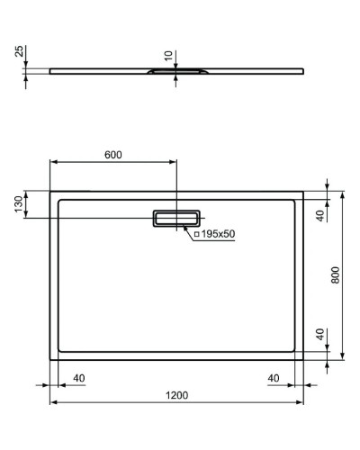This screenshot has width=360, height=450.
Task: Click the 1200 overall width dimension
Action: pos(176,393)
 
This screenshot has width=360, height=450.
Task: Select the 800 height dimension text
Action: pos(336,274)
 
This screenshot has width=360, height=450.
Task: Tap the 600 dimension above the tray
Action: pos(112,155)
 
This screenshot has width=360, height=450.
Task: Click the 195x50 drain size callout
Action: pos(216,234)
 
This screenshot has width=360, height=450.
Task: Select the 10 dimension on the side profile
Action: pos(168,57)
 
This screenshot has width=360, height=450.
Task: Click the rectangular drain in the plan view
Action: pos(177,219)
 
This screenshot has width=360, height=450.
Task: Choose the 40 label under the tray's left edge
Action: pos(78,377)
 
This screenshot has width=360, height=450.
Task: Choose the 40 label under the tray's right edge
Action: pos(274,377)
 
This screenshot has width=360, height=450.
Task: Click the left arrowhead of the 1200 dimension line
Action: pos(52,401)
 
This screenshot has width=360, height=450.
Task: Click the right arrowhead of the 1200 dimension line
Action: pos(301,401)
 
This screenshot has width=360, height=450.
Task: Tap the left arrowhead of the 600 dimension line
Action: pos(52,163)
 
